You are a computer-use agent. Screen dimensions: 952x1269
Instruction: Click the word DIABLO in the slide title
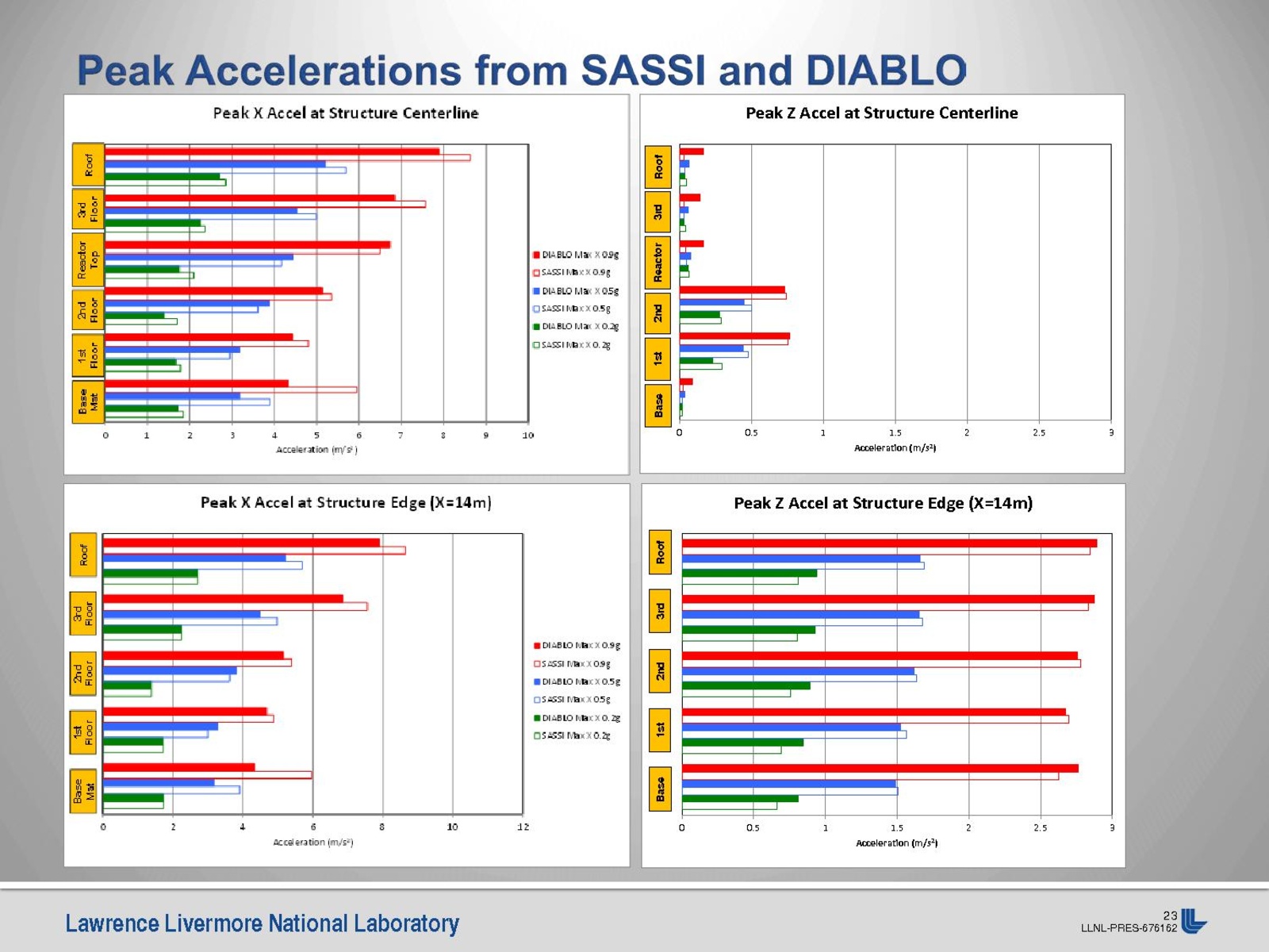[886, 71]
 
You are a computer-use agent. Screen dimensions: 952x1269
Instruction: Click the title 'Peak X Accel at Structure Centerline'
[346, 113]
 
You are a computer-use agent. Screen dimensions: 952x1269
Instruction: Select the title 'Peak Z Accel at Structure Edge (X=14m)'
[883, 503]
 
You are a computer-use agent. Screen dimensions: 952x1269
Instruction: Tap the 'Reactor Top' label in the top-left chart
[88, 259]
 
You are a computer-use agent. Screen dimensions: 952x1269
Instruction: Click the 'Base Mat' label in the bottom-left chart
[83, 791]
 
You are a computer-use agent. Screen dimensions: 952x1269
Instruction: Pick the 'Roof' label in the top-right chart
[658, 167]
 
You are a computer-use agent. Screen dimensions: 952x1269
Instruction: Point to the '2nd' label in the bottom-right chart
[660, 671]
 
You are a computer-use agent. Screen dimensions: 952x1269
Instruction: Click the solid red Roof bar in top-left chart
[271, 152]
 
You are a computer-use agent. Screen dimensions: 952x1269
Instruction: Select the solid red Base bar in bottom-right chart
[880, 768]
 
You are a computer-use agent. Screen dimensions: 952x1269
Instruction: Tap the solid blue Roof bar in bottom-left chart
[194, 558]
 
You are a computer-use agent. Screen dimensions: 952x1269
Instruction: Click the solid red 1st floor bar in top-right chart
[734, 336]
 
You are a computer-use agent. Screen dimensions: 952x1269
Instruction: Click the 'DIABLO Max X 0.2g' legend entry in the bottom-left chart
[580, 718]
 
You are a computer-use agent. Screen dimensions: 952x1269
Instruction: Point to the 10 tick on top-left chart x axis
[528, 435]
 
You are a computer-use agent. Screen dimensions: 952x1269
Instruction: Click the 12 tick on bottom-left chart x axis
[523, 827]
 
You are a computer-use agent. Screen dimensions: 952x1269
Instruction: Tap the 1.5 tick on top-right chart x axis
[895, 433]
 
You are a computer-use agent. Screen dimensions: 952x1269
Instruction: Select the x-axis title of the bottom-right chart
[896, 843]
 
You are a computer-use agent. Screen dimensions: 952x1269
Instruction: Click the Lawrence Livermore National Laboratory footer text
[263, 923]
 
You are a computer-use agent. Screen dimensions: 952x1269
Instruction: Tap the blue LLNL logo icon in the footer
[1193, 921]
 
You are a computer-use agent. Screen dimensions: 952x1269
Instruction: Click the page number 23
[1170, 916]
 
